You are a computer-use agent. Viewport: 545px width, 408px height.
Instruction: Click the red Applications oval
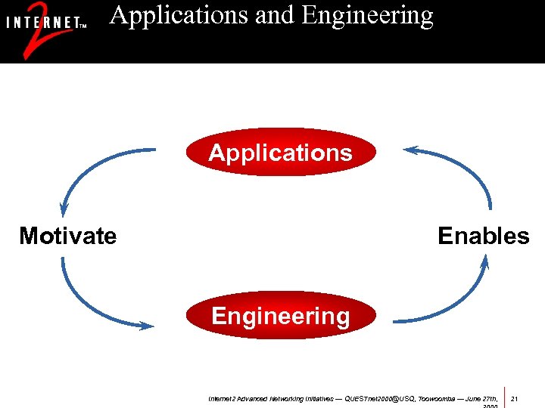tap(280, 153)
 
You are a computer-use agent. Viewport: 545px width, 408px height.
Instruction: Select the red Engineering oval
tap(280, 316)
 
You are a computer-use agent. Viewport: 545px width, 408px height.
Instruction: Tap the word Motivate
tap(68, 236)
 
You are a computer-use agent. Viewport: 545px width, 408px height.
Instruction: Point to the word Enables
tap(484, 236)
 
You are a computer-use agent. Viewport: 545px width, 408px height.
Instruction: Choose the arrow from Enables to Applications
tap(462, 166)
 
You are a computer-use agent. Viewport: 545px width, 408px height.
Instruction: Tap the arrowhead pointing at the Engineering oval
tap(145, 326)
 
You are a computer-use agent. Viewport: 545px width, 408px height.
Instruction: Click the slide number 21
tap(515, 397)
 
